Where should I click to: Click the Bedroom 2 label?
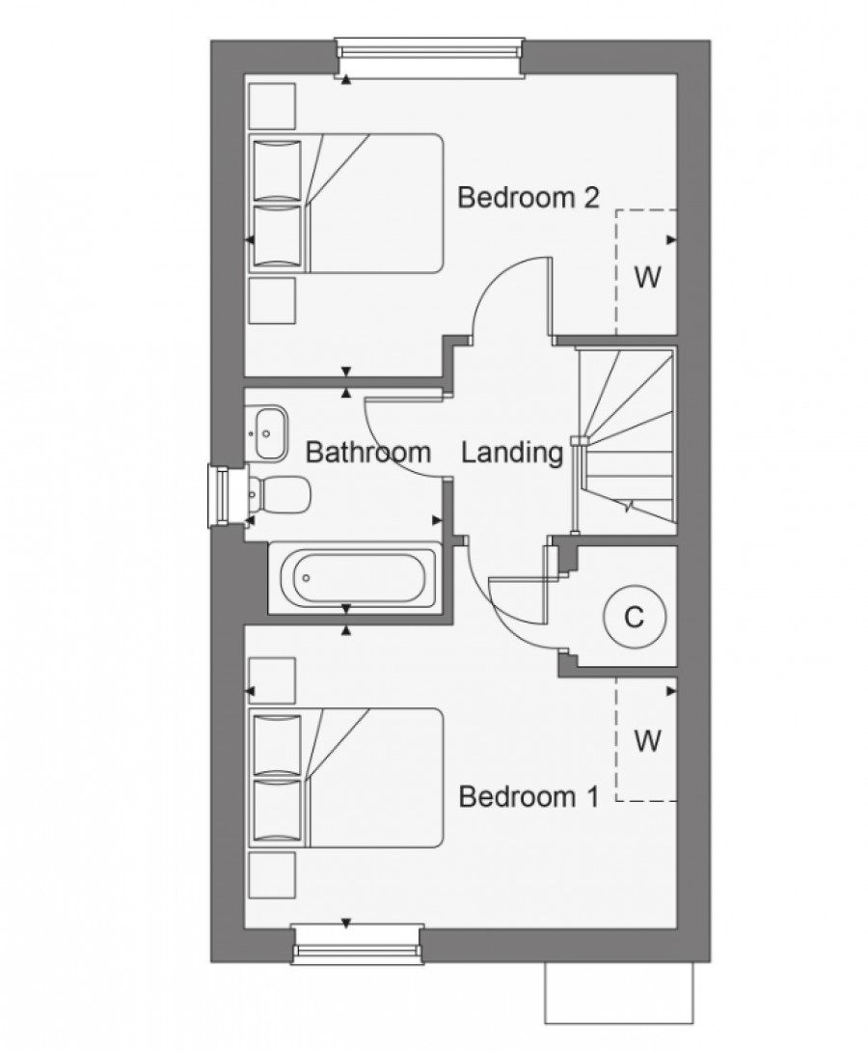click(528, 197)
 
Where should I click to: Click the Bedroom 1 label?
click(529, 796)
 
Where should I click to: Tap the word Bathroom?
click(368, 453)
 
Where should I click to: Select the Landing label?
click(512, 453)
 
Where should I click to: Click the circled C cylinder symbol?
click(634, 616)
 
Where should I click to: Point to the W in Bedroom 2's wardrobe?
click(647, 276)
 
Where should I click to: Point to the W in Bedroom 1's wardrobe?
click(647, 740)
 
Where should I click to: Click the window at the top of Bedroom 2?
click(429, 58)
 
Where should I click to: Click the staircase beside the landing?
click(625, 436)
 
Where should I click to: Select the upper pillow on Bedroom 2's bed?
click(276, 171)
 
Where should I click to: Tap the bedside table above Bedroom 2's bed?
click(272, 106)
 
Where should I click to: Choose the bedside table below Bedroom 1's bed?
click(272, 874)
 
